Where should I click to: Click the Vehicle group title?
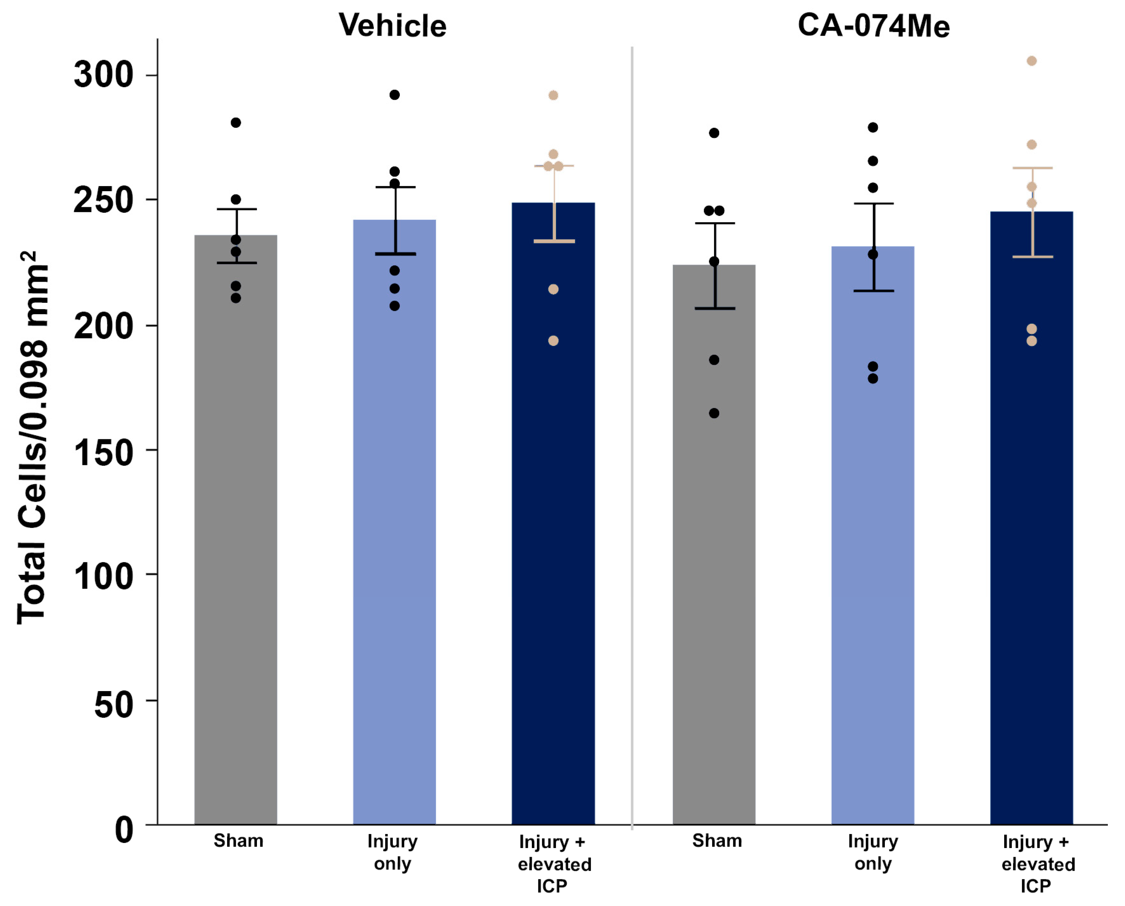click(x=392, y=25)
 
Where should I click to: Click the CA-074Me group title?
click(x=873, y=25)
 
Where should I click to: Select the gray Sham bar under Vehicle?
click(x=236, y=522)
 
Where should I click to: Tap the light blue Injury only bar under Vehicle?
click(x=395, y=522)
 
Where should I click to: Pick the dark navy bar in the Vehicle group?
click(x=553, y=522)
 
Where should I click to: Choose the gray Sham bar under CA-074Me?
click(x=714, y=548)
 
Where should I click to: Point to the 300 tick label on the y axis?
click(x=103, y=75)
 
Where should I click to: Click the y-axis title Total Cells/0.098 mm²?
click(x=32, y=438)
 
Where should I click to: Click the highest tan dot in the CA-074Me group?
click(x=1032, y=61)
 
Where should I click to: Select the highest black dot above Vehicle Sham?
click(x=236, y=123)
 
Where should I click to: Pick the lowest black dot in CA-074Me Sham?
click(x=714, y=413)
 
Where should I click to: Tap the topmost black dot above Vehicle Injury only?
click(x=395, y=95)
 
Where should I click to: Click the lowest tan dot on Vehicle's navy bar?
click(x=553, y=341)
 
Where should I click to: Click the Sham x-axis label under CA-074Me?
click(x=717, y=841)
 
